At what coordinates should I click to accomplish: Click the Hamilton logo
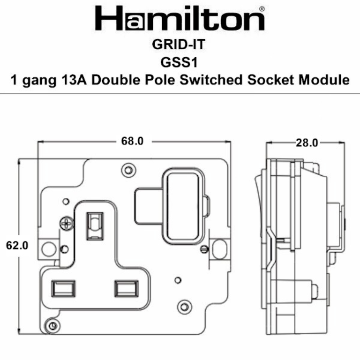pos(180,19)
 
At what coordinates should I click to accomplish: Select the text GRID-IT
pos(180,46)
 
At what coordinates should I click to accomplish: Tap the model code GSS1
pos(180,63)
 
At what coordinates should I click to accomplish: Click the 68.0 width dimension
pos(133,141)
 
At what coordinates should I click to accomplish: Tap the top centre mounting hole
pos(128,170)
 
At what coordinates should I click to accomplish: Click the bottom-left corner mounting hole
pos(52,325)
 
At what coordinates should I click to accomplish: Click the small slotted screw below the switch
pos(203,249)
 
